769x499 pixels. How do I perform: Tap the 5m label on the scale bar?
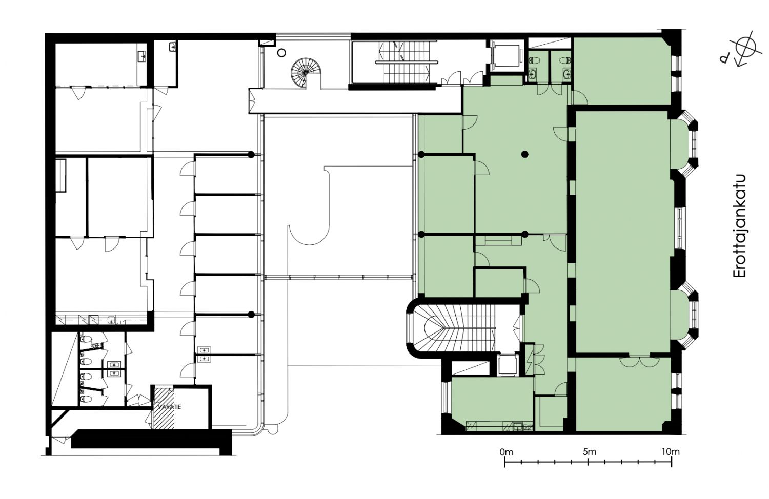(589, 452)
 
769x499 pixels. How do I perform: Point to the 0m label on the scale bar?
(507, 452)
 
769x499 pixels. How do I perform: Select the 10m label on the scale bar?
(671, 452)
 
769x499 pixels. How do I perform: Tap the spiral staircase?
(306, 73)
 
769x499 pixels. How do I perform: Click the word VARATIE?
(169, 407)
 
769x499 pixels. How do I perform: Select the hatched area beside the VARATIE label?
(164, 408)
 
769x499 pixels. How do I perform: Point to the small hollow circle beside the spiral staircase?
(281, 53)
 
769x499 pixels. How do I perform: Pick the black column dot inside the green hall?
(524, 154)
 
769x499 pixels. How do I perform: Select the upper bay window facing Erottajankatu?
(684, 140)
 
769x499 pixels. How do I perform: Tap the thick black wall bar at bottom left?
(151, 439)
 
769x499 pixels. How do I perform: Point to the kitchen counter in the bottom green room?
(499, 426)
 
